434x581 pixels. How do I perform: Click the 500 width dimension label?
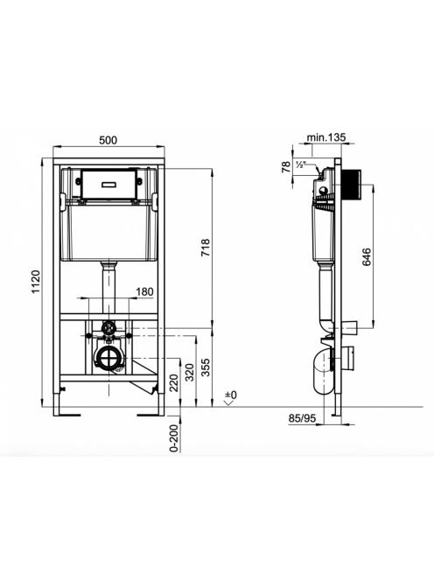coord(108,140)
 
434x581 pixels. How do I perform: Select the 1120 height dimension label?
coord(36,282)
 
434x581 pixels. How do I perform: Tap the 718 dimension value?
coord(205,248)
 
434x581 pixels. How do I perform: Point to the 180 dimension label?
coord(144,291)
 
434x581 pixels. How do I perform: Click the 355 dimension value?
coord(205,367)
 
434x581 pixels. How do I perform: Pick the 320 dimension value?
coord(189,373)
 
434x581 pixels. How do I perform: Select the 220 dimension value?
coord(174,383)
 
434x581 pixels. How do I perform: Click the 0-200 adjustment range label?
coord(174,438)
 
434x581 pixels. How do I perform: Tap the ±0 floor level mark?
coord(231,395)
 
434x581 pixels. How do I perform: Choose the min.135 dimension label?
coord(326,137)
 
